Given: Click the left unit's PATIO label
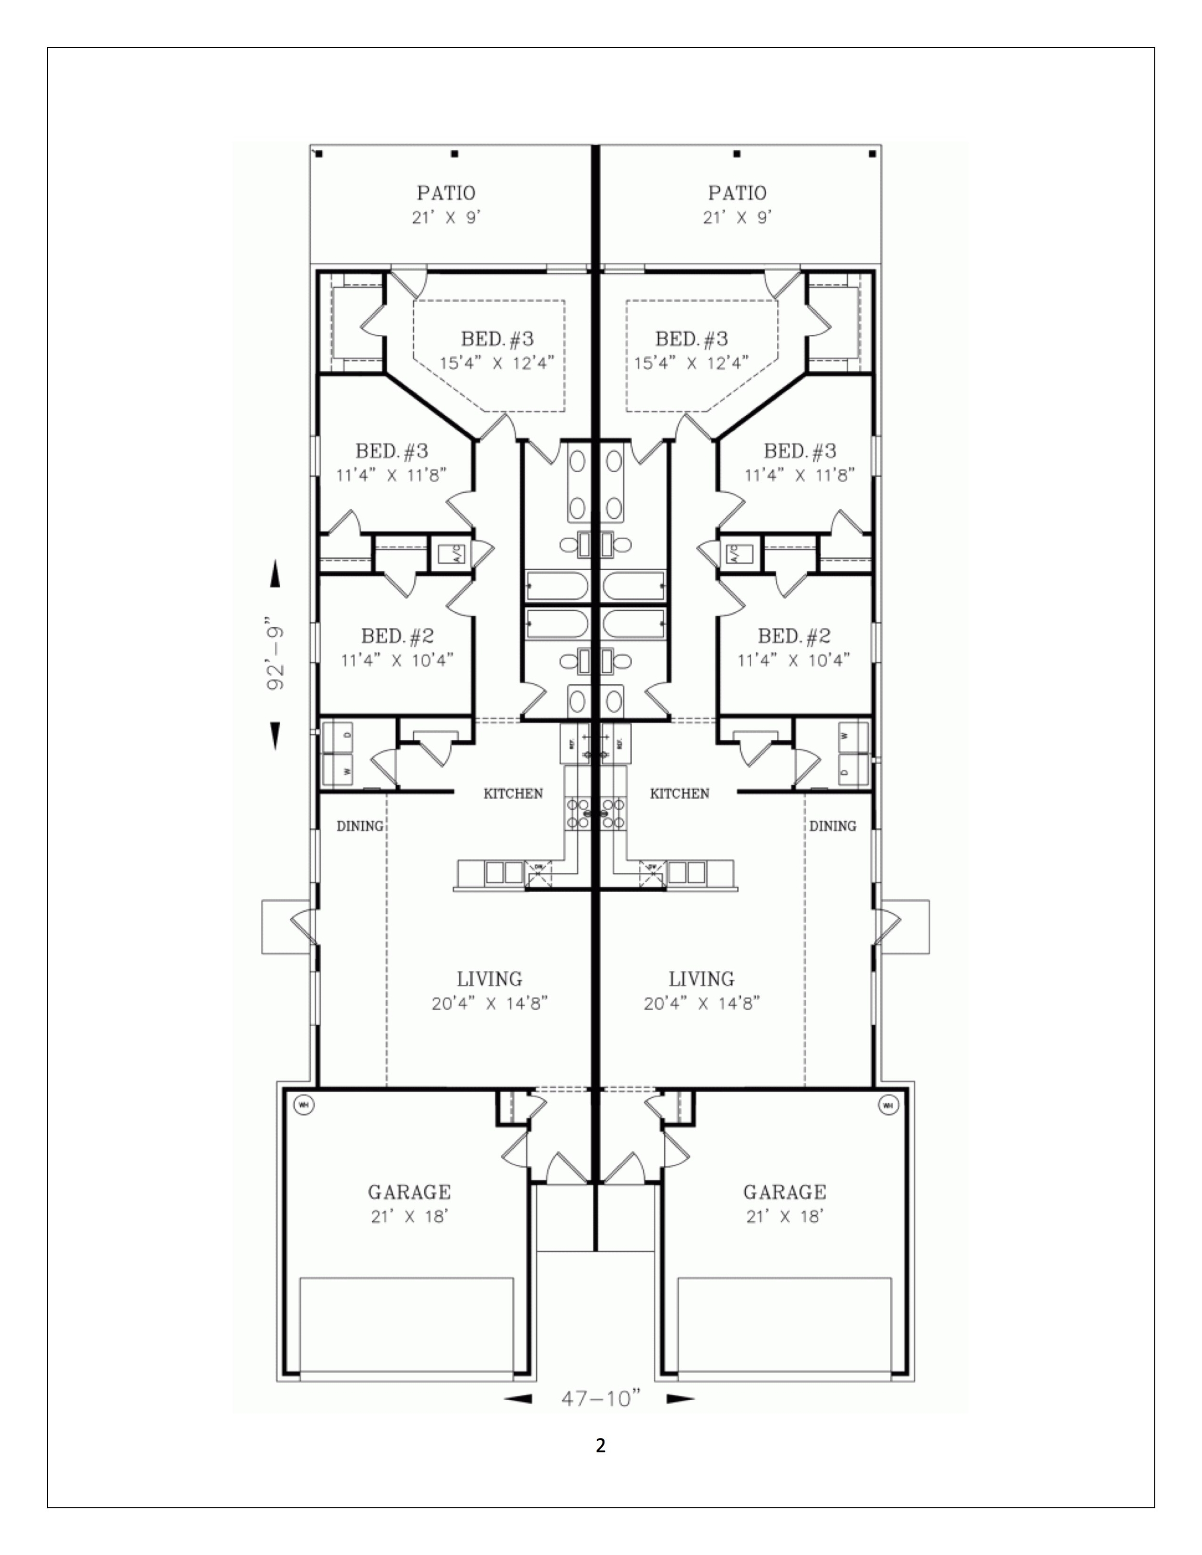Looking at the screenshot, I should [x=446, y=193].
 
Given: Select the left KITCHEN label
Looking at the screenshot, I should [x=513, y=793].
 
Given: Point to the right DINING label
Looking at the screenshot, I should [x=832, y=826].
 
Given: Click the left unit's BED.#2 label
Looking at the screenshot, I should [x=397, y=636].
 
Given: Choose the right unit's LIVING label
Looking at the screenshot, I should [x=702, y=979].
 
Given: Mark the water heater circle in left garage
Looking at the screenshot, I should [x=303, y=1105].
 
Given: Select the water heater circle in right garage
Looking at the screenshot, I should [x=888, y=1105].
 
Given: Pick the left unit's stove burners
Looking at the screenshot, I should [x=577, y=812].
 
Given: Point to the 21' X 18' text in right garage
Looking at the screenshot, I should [x=785, y=1217].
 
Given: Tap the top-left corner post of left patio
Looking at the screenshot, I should [x=318, y=153].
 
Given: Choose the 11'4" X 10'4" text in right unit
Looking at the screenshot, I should [x=793, y=660].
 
